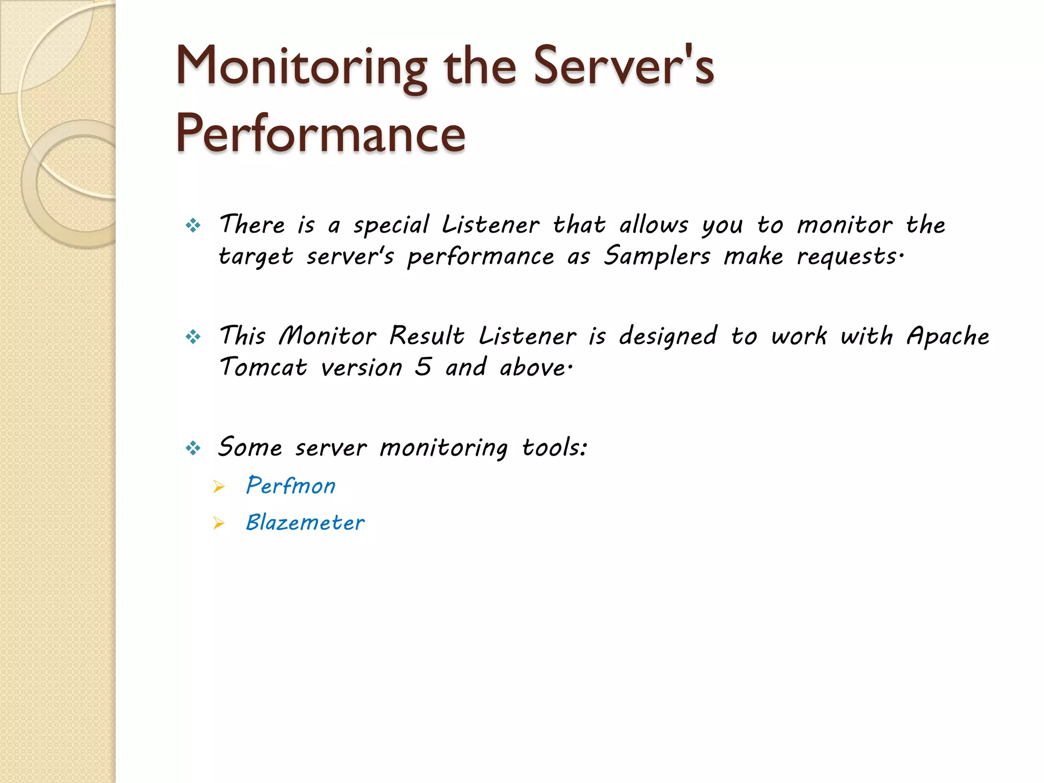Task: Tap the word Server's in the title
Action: tap(623, 66)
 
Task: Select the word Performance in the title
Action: tap(321, 134)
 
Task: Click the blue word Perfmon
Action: tap(291, 485)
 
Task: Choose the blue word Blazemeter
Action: tap(305, 523)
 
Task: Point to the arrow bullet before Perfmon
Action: tap(219, 487)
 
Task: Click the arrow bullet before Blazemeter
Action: tap(219, 524)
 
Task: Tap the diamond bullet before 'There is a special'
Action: tap(193, 225)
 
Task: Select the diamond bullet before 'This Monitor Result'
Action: tap(193, 336)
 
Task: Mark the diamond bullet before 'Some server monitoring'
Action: tap(193, 449)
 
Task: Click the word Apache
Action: tap(948, 336)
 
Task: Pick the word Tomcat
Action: tap(263, 367)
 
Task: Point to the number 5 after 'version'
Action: tap(423, 367)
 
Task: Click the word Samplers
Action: tap(657, 256)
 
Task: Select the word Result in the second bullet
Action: tap(427, 336)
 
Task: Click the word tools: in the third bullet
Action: tap(555, 448)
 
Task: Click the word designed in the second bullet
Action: tap(668, 336)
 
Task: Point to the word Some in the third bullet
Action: tap(250, 448)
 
